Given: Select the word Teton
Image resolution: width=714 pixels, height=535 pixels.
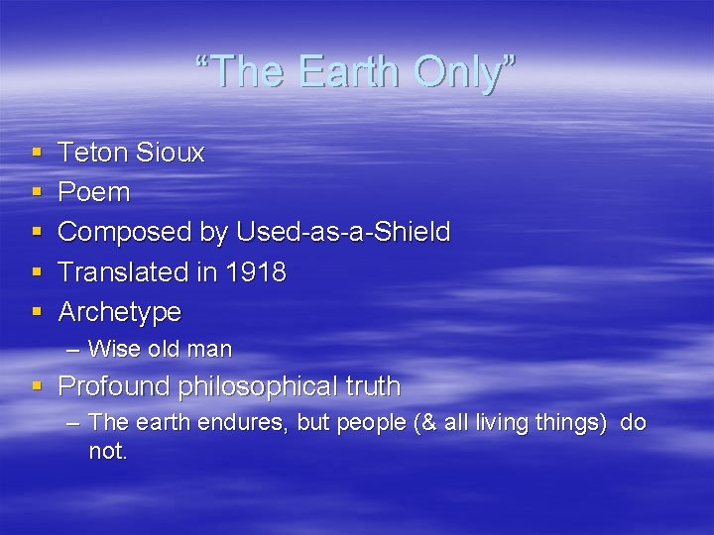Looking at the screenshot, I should pyautogui.click(x=94, y=153).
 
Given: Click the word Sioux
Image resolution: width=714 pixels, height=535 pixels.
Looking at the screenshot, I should pyautogui.click(x=171, y=153).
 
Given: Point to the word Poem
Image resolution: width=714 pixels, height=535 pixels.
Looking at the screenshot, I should pyautogui.click(x=94, y=192).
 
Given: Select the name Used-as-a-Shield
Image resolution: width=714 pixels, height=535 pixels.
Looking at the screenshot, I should pyautogui.click(x=343, y=232).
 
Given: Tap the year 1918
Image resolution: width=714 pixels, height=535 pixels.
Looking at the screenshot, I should pyautogui.click(x=255, y=271).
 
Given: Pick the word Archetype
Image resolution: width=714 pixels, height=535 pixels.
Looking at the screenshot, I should pyautogui.click(x=120, y=312).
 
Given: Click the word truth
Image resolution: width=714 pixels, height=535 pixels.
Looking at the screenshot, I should pyautogui.click(x=373, y=385).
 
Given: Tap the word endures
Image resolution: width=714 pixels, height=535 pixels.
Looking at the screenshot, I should pyautogui.click(x=244, y=423).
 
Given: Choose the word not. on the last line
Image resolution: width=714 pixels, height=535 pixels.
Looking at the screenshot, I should pyautogui.click(x=108, y=451).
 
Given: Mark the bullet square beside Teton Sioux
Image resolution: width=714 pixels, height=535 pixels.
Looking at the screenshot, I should pyautogui.click(x=38, y=154).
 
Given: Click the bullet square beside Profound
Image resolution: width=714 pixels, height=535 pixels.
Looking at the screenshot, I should pyautogui.click(x=38, y=386).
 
